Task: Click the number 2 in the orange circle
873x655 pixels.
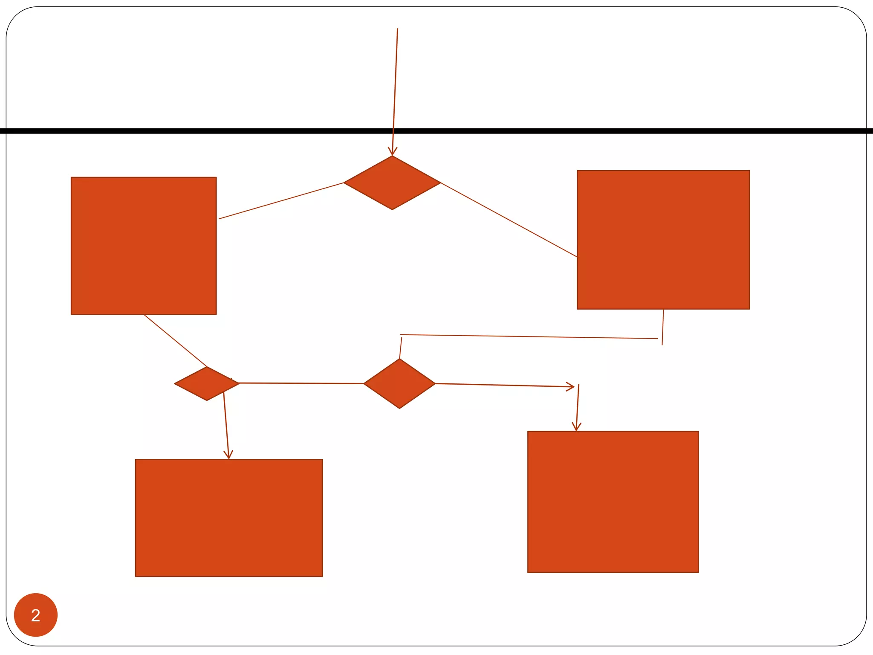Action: tap(36, 615)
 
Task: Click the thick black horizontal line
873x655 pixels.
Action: tap(597, 131)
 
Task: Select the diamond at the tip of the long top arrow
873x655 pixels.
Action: tap(392, 183)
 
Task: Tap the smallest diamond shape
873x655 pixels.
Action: tap(207, 383)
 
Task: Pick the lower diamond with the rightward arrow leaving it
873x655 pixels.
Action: tap(399, 384)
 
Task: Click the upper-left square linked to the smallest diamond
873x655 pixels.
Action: tap(144, 246)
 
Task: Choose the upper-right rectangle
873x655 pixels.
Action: tap(663, 240)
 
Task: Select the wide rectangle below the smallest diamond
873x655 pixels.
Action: tap(229, 518)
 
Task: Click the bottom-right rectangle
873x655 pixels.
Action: tap(613, 501)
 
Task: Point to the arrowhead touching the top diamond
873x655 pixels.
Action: tap(392, 152)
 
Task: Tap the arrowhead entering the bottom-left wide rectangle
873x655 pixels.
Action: tap(228, 455)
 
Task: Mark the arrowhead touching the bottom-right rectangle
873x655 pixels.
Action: tap(576, 427)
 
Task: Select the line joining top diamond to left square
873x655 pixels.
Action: tap(281, 201)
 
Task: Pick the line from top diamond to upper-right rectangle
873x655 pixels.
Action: tap(509, 220)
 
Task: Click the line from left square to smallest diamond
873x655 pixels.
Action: tap(176, 341)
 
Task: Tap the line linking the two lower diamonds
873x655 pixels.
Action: tap(301, 383)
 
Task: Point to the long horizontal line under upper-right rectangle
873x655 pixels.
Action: tap(529, 337)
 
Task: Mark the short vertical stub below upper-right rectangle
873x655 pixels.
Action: tap(663, 327)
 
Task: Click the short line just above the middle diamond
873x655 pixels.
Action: tap(401, 348)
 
